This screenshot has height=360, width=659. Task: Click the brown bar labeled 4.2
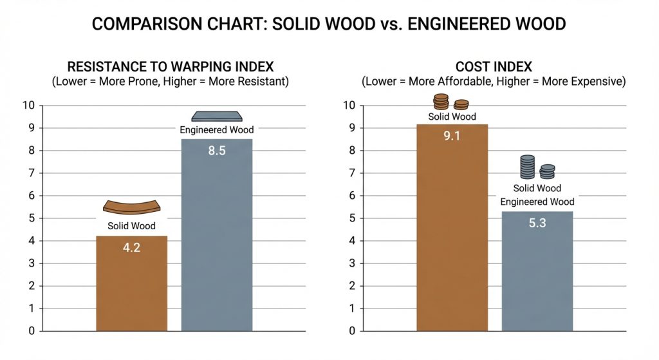pos(131,290)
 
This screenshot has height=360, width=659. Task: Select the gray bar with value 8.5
pos(216,245)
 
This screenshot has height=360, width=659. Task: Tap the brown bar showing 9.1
pos(452,238)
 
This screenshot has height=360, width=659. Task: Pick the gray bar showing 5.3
pos(537,277)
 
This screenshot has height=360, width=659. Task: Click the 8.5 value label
pos(216,151)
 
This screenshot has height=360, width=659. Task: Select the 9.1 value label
pos(452,136)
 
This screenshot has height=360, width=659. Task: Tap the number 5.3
pos(537,223)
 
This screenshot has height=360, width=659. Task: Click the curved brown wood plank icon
pos(131,207)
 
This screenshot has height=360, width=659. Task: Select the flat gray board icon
pos(216,116)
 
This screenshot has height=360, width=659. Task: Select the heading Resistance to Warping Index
pos(171,66)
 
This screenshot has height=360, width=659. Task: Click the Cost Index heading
pos(494,66)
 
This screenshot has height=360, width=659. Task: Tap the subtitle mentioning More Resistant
pos(171,82)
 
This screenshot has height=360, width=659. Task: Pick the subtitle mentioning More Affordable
pos(494,82)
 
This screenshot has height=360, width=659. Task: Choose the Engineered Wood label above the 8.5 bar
pos(216,130)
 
